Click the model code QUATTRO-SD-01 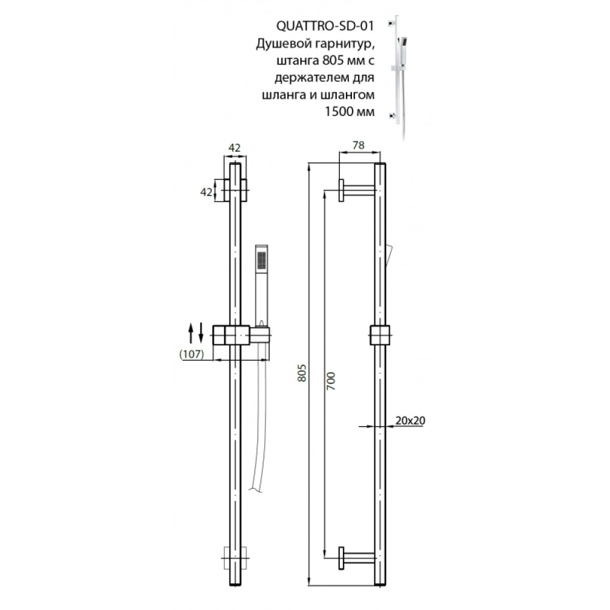click(325, 26)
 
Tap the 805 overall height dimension click(303, 373)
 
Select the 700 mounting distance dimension click(331, 381)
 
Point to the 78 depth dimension click(358, 145)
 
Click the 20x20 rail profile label click(410, 420)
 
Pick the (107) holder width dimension click(192, 354)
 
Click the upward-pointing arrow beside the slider click(190, 333)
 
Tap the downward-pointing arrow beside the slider click(201, 333)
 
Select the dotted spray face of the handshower click(262, 260)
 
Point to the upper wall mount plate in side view click(341, 190)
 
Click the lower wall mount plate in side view click(341, 559)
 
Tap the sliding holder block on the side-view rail click(379, 335)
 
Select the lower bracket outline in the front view click(235, 558)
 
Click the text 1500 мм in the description click(350, 112)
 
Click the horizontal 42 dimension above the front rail click(234, 148)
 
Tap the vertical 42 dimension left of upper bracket click(206, 192)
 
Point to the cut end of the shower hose click(256, 490)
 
